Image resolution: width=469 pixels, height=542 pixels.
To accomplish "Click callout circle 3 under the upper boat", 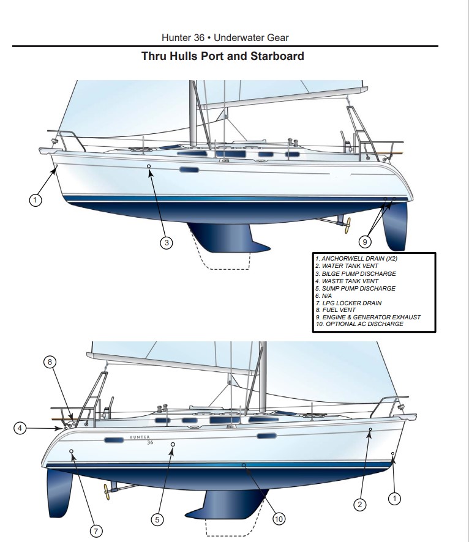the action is point(167,243).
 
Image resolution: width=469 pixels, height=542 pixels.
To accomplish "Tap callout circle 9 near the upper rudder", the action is point(365,241).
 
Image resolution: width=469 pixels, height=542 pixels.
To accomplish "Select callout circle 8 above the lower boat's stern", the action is point(50,362).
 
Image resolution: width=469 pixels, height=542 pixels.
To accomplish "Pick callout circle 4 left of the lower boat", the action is point(20,428).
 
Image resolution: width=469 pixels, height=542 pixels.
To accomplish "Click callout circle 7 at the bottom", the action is point(96,531).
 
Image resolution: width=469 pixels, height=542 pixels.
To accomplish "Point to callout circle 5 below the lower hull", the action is point(157,519).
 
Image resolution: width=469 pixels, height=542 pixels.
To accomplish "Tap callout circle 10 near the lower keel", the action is point(279,519).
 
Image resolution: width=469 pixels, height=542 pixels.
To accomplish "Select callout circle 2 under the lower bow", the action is point(359,505).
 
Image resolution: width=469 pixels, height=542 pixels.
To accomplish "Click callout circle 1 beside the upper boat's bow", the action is point(35,200).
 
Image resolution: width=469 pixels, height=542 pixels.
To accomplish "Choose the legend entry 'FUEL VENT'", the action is point(336,310).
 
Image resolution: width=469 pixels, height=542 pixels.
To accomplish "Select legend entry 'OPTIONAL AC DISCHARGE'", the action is point(359,324).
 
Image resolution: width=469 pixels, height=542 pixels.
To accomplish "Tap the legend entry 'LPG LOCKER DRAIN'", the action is point(348,303).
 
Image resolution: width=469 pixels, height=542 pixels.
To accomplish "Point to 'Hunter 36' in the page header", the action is point(183,38).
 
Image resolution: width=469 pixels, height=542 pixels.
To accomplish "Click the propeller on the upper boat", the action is point(347,225).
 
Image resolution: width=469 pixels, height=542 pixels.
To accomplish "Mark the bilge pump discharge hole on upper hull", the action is point(149,166).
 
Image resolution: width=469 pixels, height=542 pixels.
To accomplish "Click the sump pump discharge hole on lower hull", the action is point(173,444).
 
